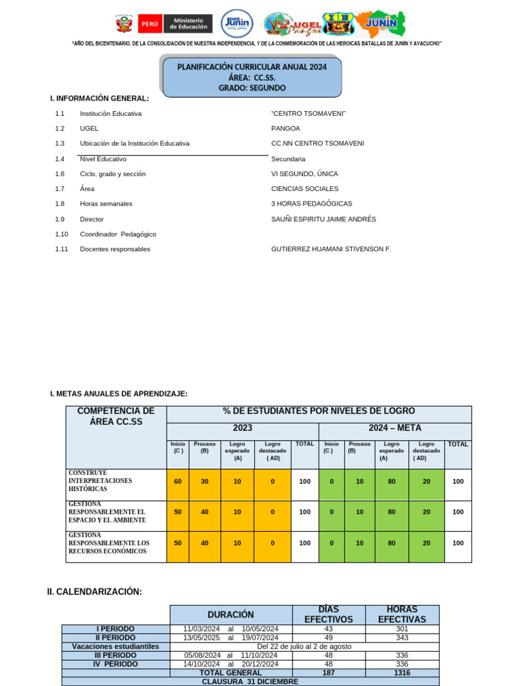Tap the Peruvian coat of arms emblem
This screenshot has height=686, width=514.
click(124, 24)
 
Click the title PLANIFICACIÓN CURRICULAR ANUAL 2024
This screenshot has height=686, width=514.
click(252, 67)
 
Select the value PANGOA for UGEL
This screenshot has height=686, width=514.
click(286, 128)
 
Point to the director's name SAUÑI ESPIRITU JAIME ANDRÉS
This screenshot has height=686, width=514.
click(323, 219)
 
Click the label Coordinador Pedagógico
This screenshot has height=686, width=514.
click(118, 234)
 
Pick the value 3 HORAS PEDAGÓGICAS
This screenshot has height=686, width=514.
click(311, 204)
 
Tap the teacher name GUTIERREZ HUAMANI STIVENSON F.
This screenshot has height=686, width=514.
click(331, 249)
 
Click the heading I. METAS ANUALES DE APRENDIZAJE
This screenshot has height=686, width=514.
click(118, 394)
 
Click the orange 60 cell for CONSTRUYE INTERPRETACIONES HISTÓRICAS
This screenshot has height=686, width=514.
click(178, 482)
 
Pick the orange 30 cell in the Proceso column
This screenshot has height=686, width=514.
click(205, 482)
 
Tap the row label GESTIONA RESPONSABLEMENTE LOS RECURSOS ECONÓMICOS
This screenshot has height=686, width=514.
click(108, 543)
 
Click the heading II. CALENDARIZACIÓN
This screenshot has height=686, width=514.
click(94, 592)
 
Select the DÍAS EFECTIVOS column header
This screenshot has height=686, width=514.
click(329, 614)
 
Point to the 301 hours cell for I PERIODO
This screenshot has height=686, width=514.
click(402, 629)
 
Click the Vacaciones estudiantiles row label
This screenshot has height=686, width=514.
click(116, 646)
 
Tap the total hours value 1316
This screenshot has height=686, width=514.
click(402, 672)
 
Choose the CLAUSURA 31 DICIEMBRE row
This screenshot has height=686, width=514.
click(250, 681)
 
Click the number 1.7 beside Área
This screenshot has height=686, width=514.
click(60, 189)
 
